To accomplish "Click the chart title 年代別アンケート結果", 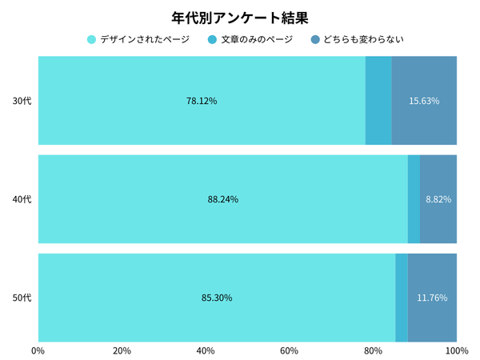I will click(240, 16).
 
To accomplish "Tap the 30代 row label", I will click(22, 101).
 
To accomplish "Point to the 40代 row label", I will click(22, 199).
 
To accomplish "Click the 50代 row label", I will click(22, 298).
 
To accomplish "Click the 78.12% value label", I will click(202, 101).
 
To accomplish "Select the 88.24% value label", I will click(222, 199).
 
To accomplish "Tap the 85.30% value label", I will click(217, 298).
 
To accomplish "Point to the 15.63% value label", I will click(424, 101).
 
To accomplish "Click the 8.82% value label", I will click(438, 199).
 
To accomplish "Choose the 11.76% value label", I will click(432, 298).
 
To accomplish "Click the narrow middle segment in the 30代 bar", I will click(378, 101).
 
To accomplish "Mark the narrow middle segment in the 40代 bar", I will click(414, 199).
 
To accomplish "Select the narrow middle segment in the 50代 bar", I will click(402, 298).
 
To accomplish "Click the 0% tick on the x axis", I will click(38, 350).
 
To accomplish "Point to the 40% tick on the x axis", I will click(206, 350).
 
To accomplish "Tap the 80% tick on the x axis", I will click(373, 350).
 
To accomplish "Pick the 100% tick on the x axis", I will click(456, 350).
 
